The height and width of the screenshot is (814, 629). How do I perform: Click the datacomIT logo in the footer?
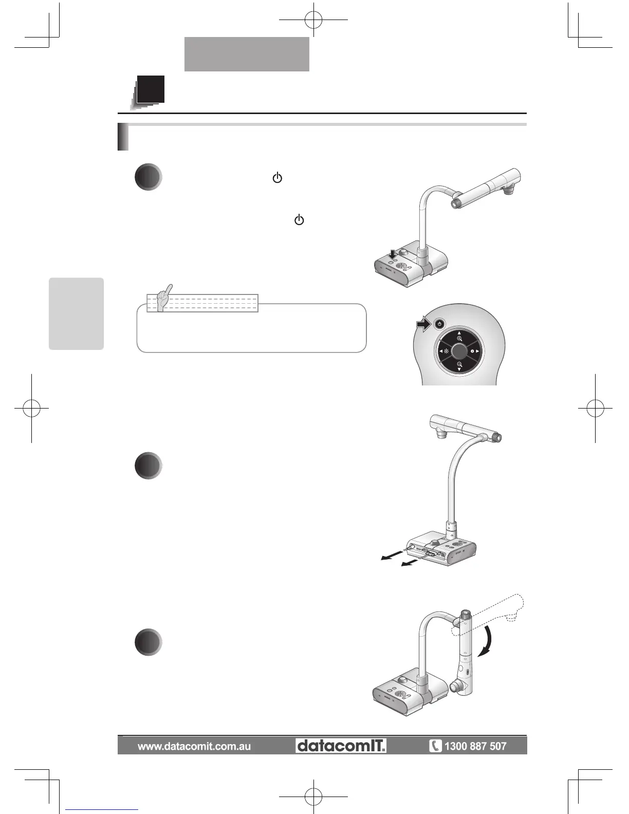(x=341, y=746)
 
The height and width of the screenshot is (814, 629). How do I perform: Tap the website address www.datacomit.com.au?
(x=194, y=746)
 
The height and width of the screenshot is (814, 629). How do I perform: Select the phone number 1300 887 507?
(x=475, y=746)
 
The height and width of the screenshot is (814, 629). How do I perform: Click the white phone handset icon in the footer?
(x=435, y=746)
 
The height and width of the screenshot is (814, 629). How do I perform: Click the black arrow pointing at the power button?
(x=424, y=324)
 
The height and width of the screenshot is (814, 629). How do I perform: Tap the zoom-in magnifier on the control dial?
(x=459, y=339)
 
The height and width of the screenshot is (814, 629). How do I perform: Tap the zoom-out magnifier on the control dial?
(x=459, y=364)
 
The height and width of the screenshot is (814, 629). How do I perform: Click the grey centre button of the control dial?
(x=459, y=351)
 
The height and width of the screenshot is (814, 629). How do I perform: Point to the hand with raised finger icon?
(x=163, y=299)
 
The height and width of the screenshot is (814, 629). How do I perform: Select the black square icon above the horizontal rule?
(x=151, y=89)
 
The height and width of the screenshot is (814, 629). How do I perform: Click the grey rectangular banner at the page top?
(x=247, y=54)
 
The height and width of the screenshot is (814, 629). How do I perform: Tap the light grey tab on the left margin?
(x=76, y=313)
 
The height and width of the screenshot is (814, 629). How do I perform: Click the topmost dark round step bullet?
(x=149, y=177)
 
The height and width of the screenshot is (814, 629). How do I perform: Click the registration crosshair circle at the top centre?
(x=313, y=20)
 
